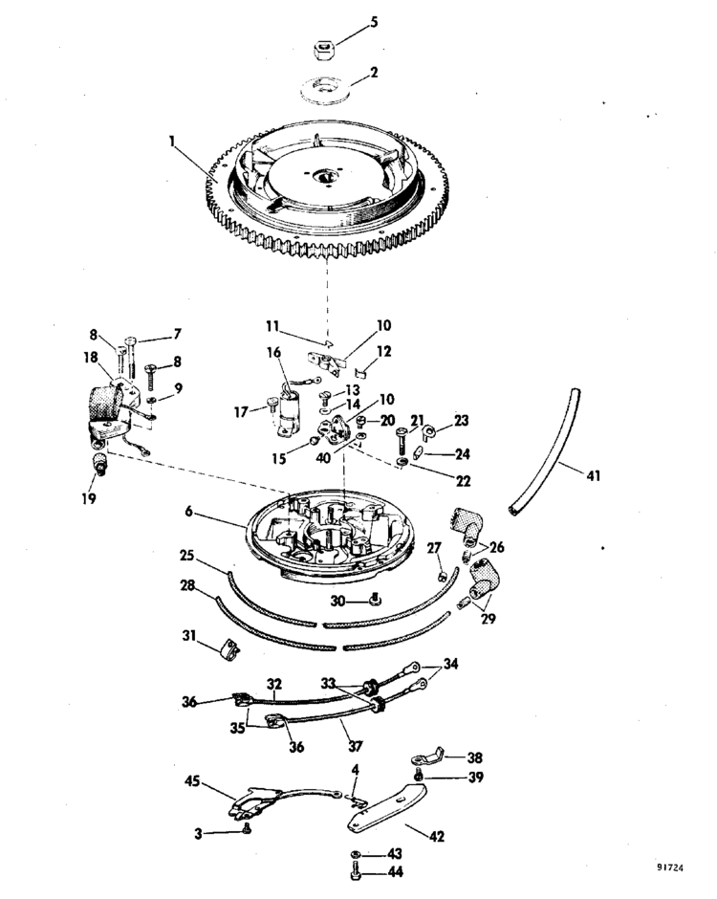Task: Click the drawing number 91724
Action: coord(670,868)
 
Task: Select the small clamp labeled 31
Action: coord(229,649)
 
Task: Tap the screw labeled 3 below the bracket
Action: coord(247,828)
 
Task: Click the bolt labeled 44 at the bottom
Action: coord(355,871)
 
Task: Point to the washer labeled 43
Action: coord(356,854)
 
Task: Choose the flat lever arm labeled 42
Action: coord(387,808)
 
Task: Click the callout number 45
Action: coord(192,781)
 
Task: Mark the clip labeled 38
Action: coord(427,756)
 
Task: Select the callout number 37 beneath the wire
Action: coord(356,746)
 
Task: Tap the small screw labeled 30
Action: coord(376,599)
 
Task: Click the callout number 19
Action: coord(89,498)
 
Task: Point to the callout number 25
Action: coord(186,557)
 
